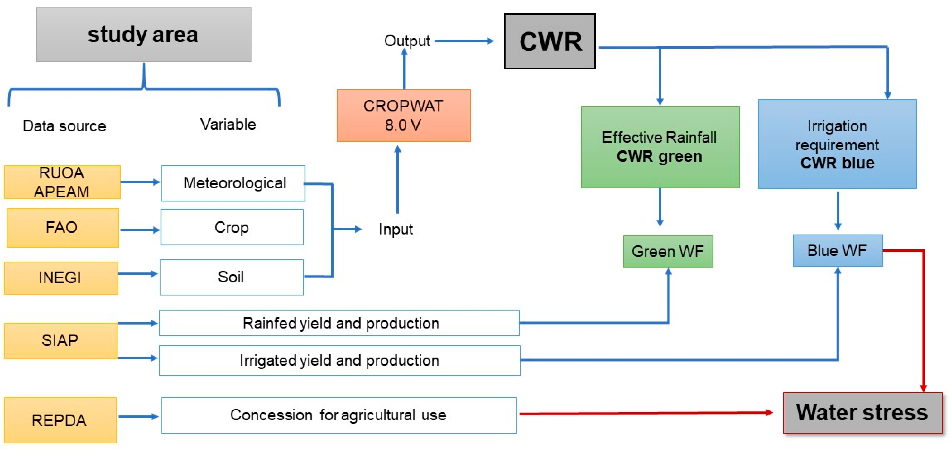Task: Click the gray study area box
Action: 144,34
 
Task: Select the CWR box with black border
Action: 550,41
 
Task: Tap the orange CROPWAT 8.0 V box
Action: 403,115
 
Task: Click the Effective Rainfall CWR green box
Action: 660,147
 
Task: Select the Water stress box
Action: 862,413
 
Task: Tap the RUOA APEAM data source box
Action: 62,182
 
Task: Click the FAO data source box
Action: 62,228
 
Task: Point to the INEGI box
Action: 61,278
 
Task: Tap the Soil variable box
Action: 231,277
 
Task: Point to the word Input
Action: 395,229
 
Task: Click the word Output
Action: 407,41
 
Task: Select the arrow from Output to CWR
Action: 464,41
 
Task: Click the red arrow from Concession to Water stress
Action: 646,413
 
